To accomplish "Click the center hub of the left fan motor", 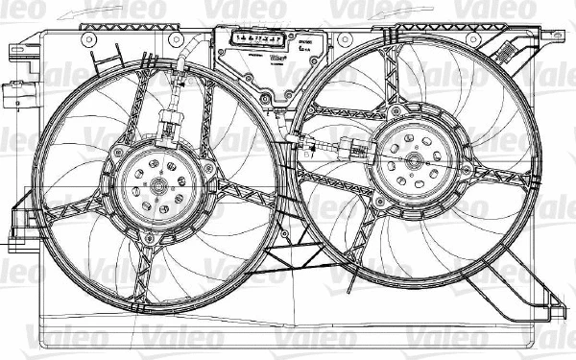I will click(158, 183).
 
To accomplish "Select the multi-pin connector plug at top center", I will click(256, 40).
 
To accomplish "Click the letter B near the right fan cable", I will click(306, 154).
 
